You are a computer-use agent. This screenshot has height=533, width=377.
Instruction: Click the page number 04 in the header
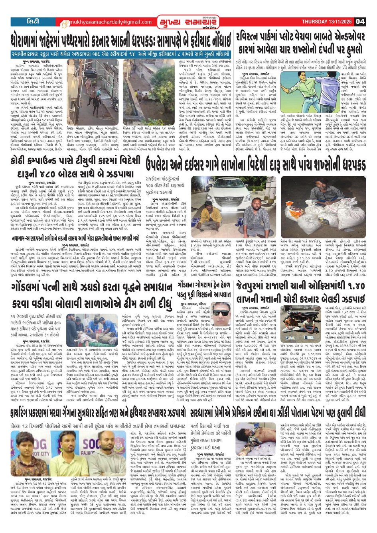pos(360,22)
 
